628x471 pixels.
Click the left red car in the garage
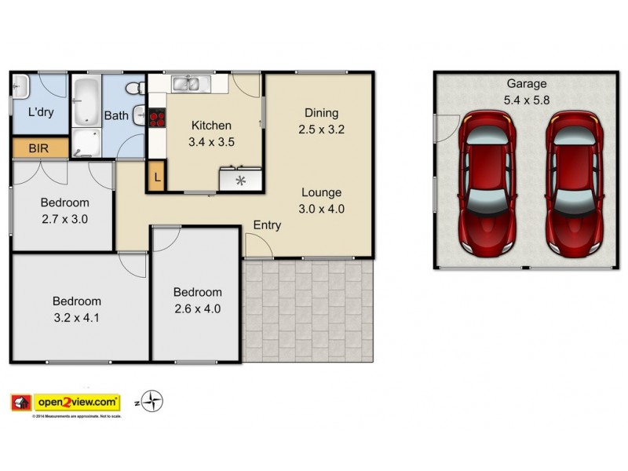(x=487, y=182)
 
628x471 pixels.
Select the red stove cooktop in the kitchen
(x=157, y=119)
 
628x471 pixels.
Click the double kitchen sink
(x=187, y=83)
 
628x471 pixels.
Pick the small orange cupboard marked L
(x=157, y=177)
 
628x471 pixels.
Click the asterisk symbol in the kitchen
(x=241, y=180)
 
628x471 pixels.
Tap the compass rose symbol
(x=153, y=402)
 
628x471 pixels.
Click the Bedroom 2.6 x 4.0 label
(x=197, y=301)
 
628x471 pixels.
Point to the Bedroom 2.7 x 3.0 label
(x=64, y=210)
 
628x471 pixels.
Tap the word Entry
(x=267, y=225)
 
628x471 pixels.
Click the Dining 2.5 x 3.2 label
(x=322, y=120)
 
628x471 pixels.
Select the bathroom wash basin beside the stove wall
(x=138, y=116)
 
